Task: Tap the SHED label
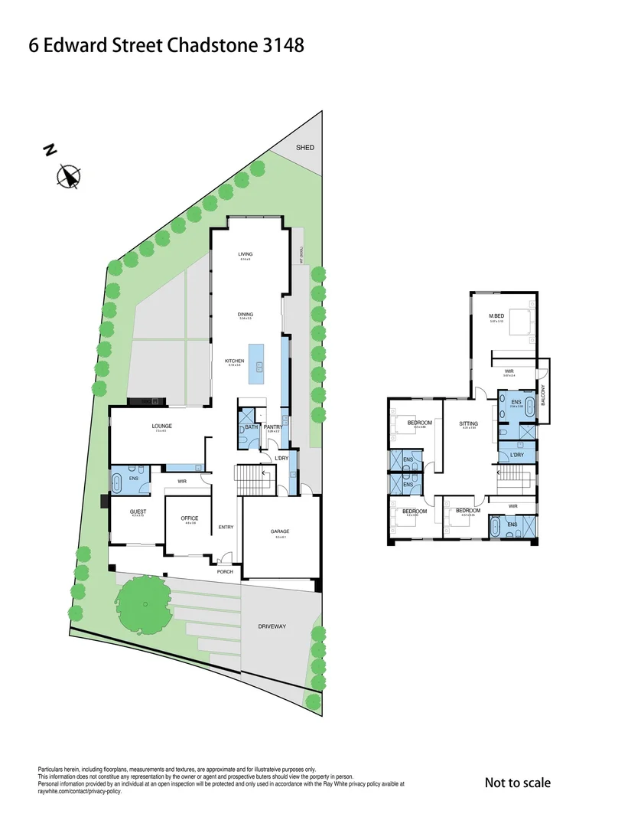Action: pos(306,147)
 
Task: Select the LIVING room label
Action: pos(246,254)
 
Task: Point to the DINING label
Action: pos(246,314)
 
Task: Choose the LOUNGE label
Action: pos(161,426)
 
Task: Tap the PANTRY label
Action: pos(273,427)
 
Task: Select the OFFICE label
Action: pos(190,518)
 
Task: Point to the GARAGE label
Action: pos(280,531)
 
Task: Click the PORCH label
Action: pos(225,571)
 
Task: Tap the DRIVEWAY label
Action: pos(272,626)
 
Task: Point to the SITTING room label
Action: pos(468,423)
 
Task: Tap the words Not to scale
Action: pos(517,783)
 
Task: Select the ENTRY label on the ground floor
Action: pos(226,527)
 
